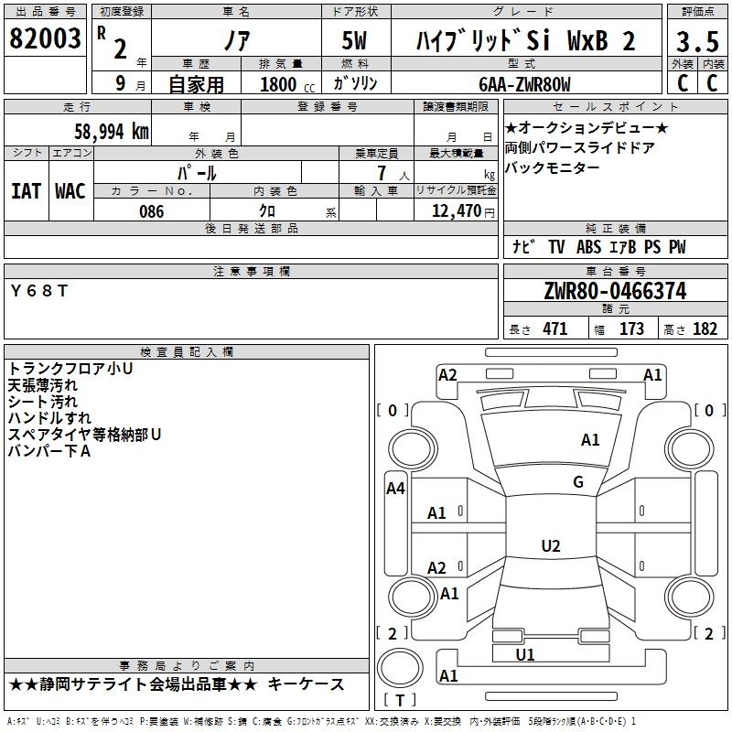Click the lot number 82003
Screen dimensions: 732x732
[x=45, y=39]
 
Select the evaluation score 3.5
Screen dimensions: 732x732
[x=695, y=42]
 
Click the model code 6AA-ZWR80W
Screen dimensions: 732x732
[x=524, y=84]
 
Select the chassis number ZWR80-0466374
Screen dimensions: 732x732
[x=614, y=291]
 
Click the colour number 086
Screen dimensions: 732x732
[x=152, y=211]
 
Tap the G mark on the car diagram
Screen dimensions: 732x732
[x=578, y=482]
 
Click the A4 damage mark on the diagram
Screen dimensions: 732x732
[x=395, y=489]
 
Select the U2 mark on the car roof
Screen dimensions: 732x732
[x=550, y=546]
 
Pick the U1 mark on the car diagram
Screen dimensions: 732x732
[x=525, y=654]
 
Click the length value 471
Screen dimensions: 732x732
[x=554, y=329]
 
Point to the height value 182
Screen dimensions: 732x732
[x=705, y=329]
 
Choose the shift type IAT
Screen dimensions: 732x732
[x=27, y=191]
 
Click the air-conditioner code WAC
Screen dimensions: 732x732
[x=70, y=191]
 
